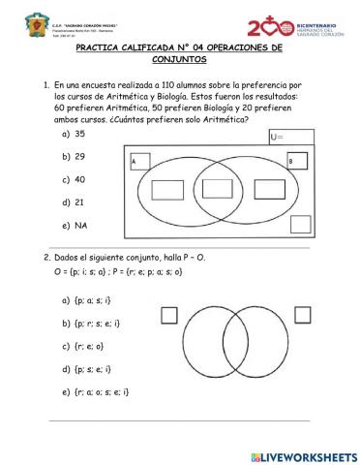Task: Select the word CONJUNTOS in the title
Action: pos(181,60)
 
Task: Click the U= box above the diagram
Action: pos(291,137)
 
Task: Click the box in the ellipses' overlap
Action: pos(219,187)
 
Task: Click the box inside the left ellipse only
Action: pos(166,187)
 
